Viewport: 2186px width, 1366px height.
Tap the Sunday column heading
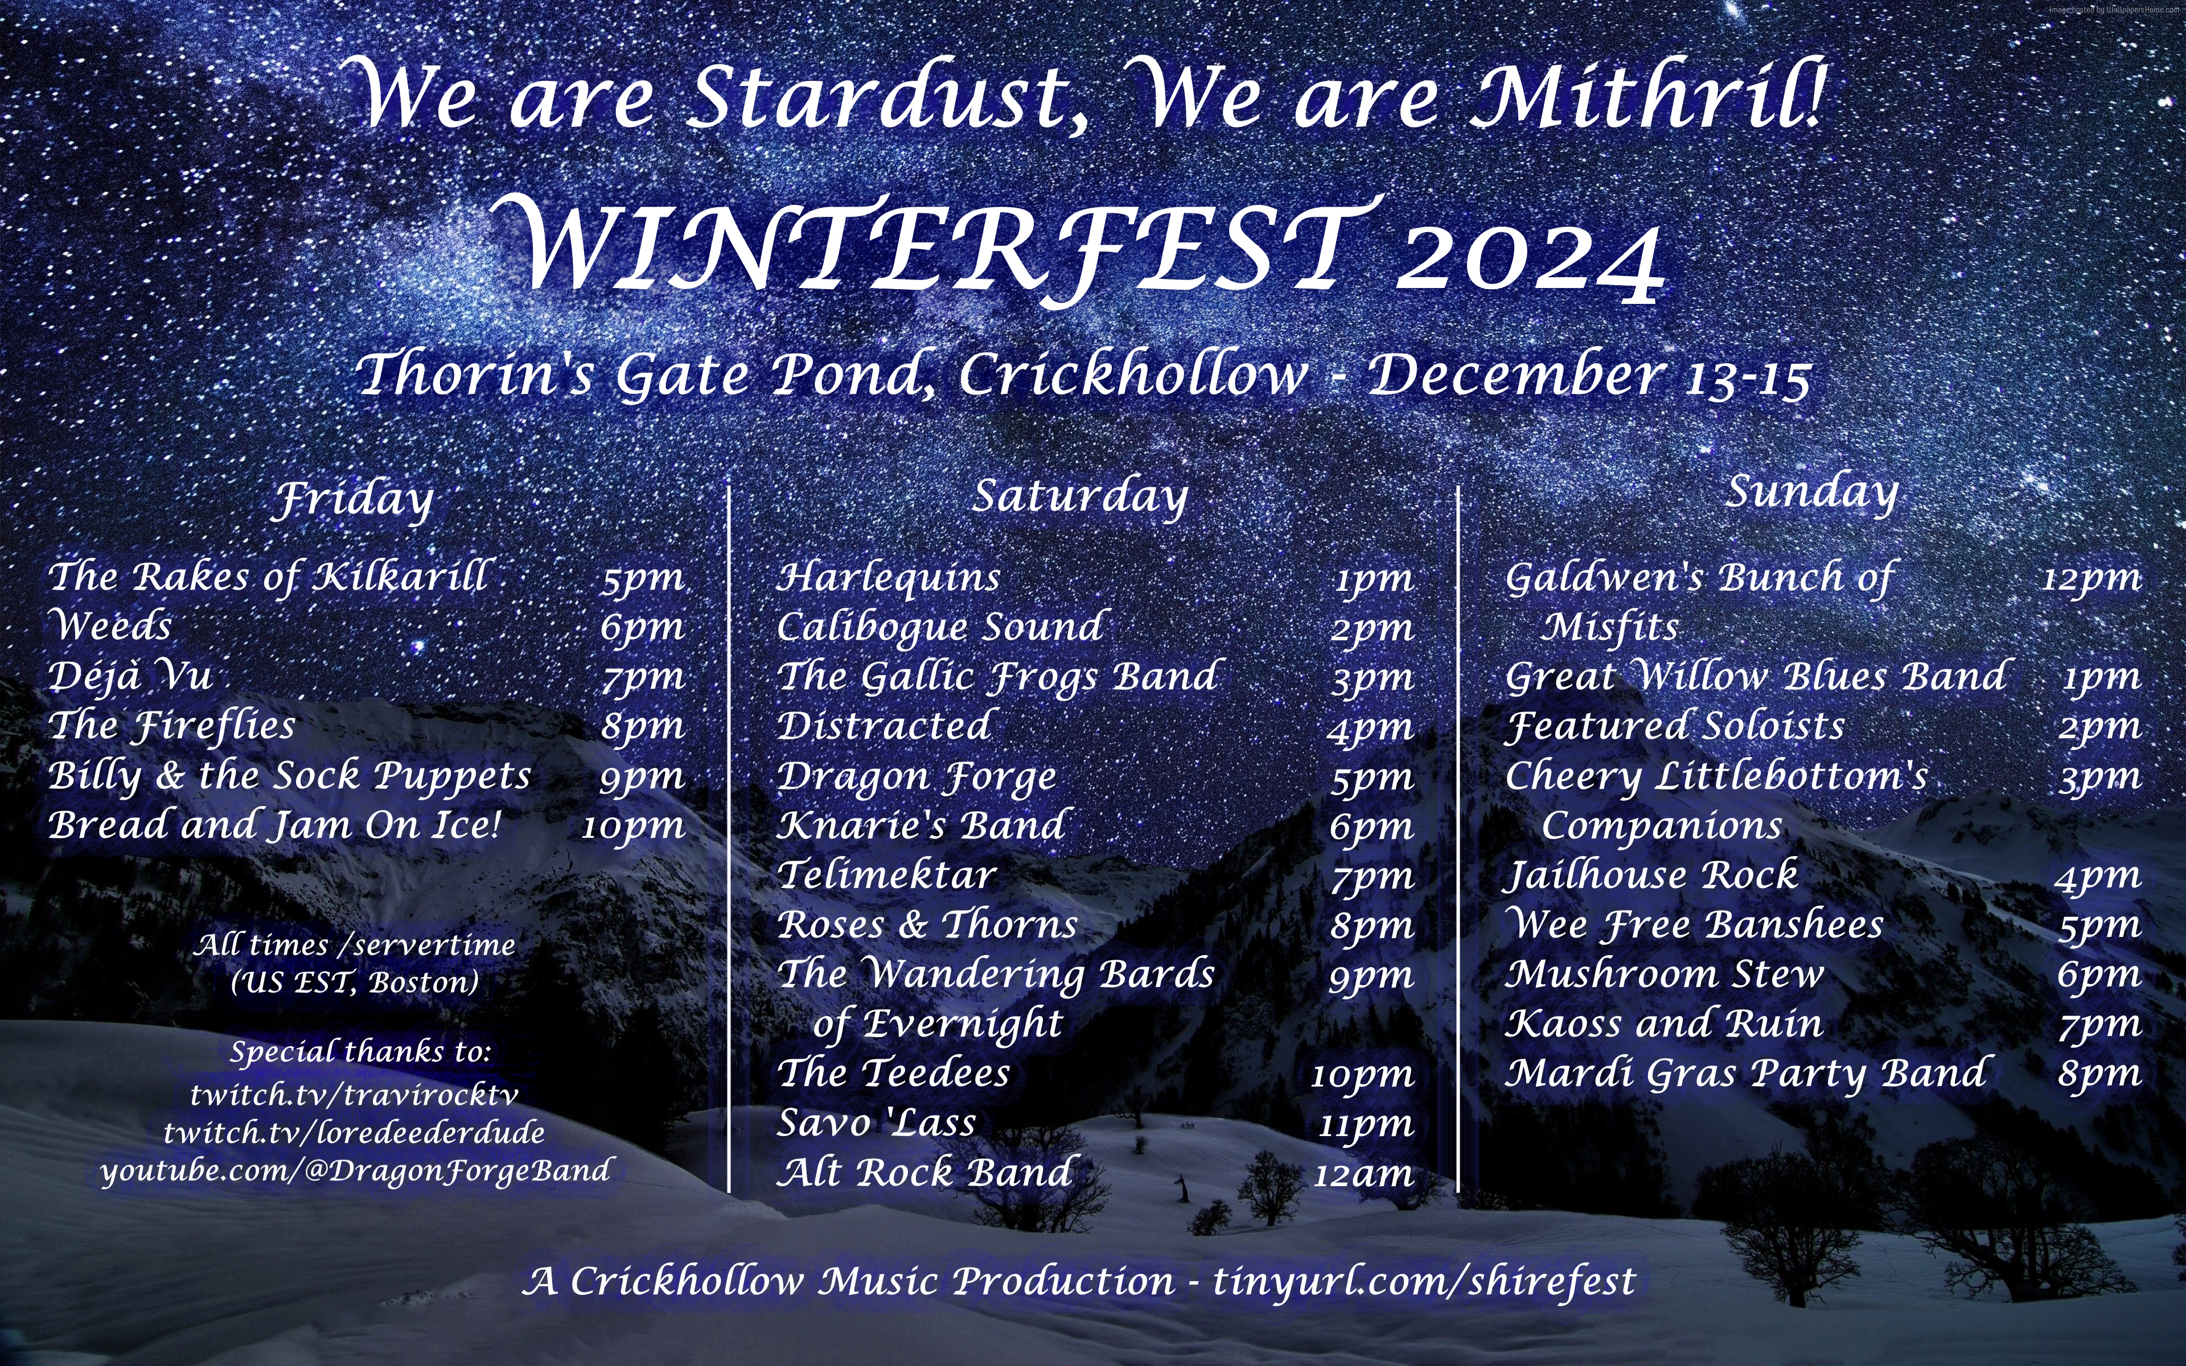[1812, 493]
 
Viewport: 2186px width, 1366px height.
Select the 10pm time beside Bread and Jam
[633, 826]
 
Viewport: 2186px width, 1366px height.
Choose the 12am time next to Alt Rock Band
[1363, 1174]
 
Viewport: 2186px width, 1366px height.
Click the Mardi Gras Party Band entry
[1745, 1073]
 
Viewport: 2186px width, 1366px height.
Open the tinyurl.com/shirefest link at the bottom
[1424, 1282]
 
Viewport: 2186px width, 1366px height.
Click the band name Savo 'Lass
[876, 1123]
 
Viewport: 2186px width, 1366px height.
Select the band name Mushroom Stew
[1664, 974]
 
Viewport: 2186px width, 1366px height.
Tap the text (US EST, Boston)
[354, 982]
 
